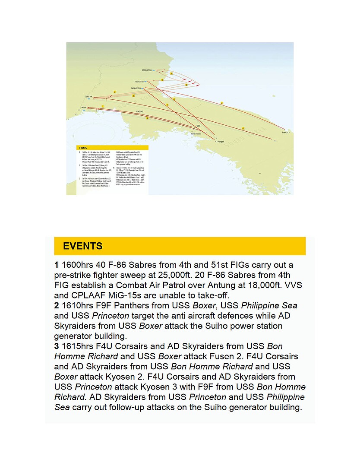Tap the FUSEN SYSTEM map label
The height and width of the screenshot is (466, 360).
pyautogui.click(x=139, y=81)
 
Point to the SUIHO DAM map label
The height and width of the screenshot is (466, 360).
pyautogui.click(x=88, y=96)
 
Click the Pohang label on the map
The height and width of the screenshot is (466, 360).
pyautogui.click(x=284, y=132)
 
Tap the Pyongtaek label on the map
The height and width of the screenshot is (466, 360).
pyautogui.click(x=220, y=141)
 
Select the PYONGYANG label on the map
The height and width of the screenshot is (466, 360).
pyautogui.click(x=139, y=111)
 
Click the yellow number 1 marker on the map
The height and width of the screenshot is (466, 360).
pyautogui.click(x=103, y=106)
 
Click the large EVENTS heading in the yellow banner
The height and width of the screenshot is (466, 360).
pyautogui.click(x=83, y=246)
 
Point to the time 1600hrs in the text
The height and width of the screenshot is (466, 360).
pyautogui.click(x=78, y=265)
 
